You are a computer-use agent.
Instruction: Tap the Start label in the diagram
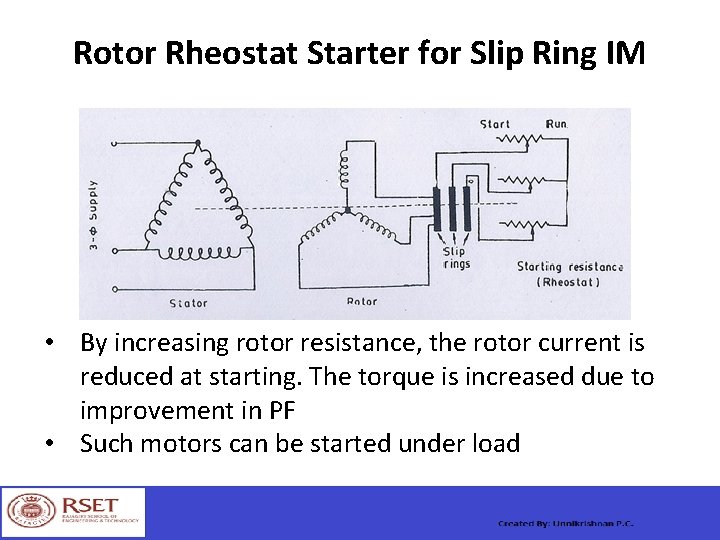pyautogui.click(x=495, y=124)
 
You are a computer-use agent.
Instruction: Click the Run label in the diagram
pyautogui.click(x=556, y=124)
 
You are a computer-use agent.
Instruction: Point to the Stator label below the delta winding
pyautogui.click(x=188, y=302)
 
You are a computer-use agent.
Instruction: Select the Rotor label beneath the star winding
pyautogui.click(x=361, y=301)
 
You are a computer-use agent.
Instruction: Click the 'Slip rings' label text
pyautogui.click(x=455, y=258)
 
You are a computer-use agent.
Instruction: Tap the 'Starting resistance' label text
pyautogui.click(x=570, y=267)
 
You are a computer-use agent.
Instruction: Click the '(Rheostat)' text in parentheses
pyautogui.click(x=569, y=282)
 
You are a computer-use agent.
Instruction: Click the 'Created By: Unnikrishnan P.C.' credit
pyautogui.click(x=566, y=524)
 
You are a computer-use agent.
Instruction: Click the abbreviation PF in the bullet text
pyautogui.click(x=281, y=411)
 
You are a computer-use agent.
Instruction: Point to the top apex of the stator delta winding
pyautogui.click(x=198, y=142)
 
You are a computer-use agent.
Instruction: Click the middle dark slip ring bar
pyautogui.click(x=452, y=209)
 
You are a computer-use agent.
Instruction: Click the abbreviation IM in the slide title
pyautogui.click(x=626, y=53)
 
